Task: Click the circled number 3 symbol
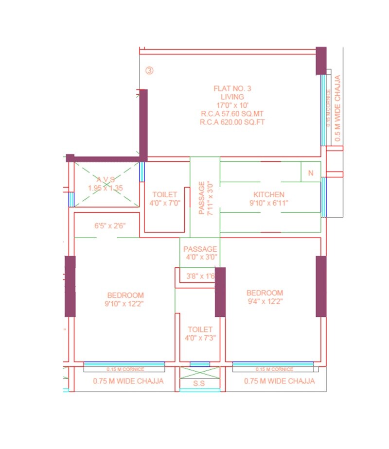[x=149, y=70]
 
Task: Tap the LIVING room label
[x=232, y=97]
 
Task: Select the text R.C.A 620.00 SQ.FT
[x=232, y=122]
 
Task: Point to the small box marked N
[x=311, y=173]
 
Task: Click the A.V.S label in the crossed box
[x=106, y=179]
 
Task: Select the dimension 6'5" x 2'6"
[x=110, y=225]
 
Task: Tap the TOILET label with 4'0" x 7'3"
[x=200, y=329]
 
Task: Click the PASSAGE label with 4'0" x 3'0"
[x=200, y=249]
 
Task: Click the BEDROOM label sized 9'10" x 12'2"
[x=125, y=295]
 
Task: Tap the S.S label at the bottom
[x=199, y=384]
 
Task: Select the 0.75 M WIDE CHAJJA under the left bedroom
[x=128, y=381]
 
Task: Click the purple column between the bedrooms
[x=220, y=292]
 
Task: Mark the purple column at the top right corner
[x=321, y=60]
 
